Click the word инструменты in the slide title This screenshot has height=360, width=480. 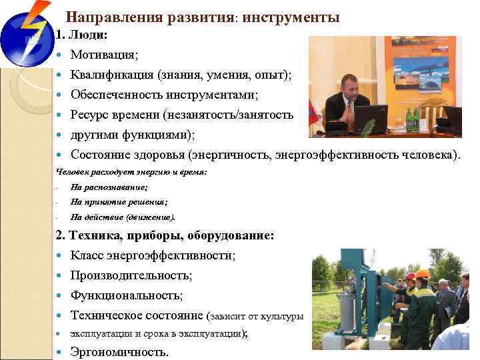[291, 17]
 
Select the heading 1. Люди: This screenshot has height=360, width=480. [81, 34]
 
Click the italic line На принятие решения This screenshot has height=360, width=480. [119, 202]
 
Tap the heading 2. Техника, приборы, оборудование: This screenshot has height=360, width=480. [163, 235]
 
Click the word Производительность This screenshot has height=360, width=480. [131, 275]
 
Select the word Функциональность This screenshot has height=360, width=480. [126, 295]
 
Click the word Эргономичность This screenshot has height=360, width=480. [119, 353]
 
